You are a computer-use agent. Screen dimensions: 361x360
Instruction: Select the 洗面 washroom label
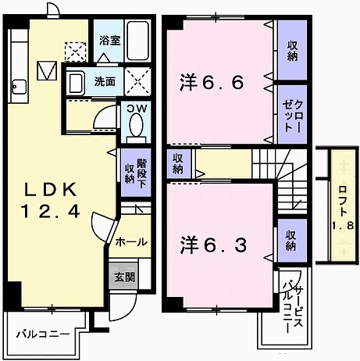[x=105, y=80]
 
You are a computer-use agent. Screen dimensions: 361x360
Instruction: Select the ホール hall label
[x=131, y=242]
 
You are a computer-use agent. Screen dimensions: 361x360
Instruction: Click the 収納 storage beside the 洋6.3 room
[x=290, y=241]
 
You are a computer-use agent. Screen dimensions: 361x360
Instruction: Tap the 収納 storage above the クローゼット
[x=292, y=49]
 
